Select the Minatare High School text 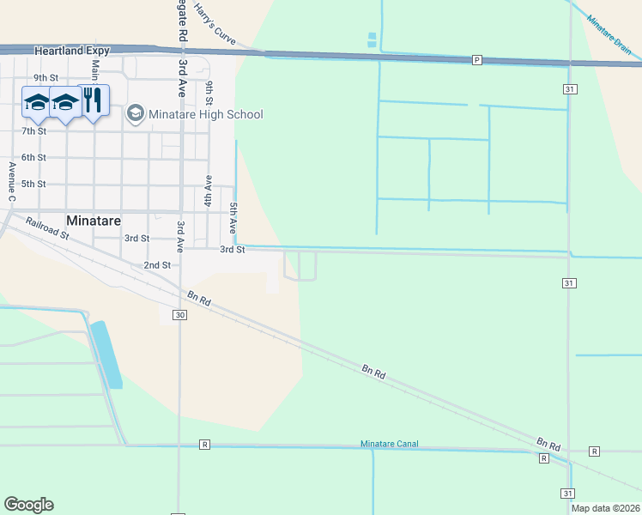click(x=206, y=114)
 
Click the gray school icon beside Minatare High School click(x=135, y=113)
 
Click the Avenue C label click(x=12, y=182)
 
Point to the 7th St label click(x=34, y=130)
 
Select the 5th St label click(x=33, y=184)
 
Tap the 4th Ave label click(x=208, y=191)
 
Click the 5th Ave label click(x=233, y=219)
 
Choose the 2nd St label click(x=157, y=265)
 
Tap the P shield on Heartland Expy click(x=477, y=59)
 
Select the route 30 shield click(x=179, y=315)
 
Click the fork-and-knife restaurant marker click(x=94, y=101)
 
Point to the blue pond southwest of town click(x=106, y=354)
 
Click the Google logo click(x=28, y=505)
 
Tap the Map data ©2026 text click(x=605, y=508)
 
